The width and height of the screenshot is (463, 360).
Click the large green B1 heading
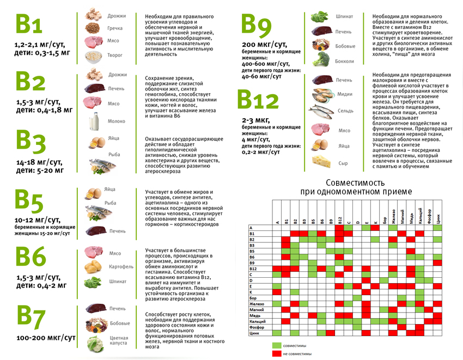tap(29, 23)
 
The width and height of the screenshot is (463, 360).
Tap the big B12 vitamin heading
tap(258, 99)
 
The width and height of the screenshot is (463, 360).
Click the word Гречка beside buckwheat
tap(115, 28)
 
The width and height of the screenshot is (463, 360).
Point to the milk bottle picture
tap(94, 121)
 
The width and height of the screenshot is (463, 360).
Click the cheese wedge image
tap(321, 162)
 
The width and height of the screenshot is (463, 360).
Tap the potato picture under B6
tap(93, 267)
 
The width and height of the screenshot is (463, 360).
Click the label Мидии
tap(345, 94)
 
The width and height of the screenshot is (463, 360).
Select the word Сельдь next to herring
tap(345, 111)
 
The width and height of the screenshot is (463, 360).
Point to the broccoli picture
tap(321, 59)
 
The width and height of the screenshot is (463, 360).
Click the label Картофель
tap(121, 267)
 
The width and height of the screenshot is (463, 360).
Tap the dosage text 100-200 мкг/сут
tap(46, 338)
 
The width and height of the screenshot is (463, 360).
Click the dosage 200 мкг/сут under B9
tap(265, 45)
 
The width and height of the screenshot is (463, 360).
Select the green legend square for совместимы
tap(277, 345)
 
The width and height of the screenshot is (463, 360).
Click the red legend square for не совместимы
tap(277, 353)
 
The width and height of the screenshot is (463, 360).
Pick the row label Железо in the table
tap(257, 304)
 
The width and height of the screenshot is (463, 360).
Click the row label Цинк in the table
tap(254, 333)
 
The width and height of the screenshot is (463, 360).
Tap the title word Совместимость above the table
tap(355, 182)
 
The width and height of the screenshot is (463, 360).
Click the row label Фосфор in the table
tap(257, 327)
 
